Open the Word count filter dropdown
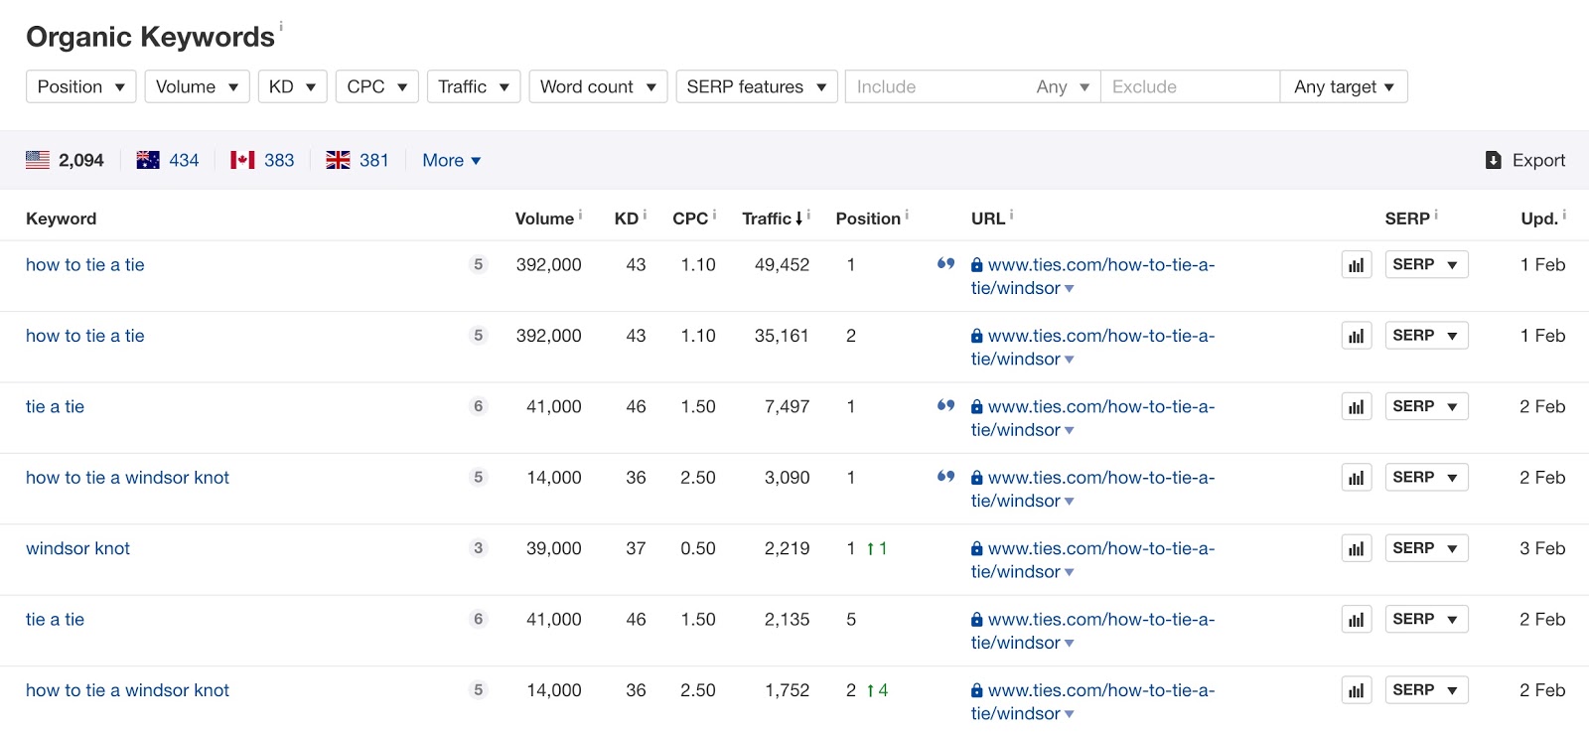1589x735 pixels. [x=598, y=86]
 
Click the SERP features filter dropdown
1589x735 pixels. [x=756, y=86]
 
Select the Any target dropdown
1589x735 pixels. [x=1343, y=86]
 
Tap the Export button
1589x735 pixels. [x=1524, y=160]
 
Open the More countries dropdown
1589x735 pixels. [x=451, y=160]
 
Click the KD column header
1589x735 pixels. [x=627, y=219]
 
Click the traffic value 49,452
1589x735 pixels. [x=782, y=265]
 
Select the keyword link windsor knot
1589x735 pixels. [x=77, y=548]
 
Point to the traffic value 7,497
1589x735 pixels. [x=787, y=406]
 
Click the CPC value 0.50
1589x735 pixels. [x=697, y=548]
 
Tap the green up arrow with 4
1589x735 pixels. [x=877, y=690]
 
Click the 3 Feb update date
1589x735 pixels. [x=1541, y=548]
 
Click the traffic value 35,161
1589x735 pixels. [x=782, y=336]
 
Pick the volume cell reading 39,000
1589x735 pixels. [x=553, y=548]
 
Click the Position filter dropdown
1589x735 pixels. [x=80, y=86]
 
